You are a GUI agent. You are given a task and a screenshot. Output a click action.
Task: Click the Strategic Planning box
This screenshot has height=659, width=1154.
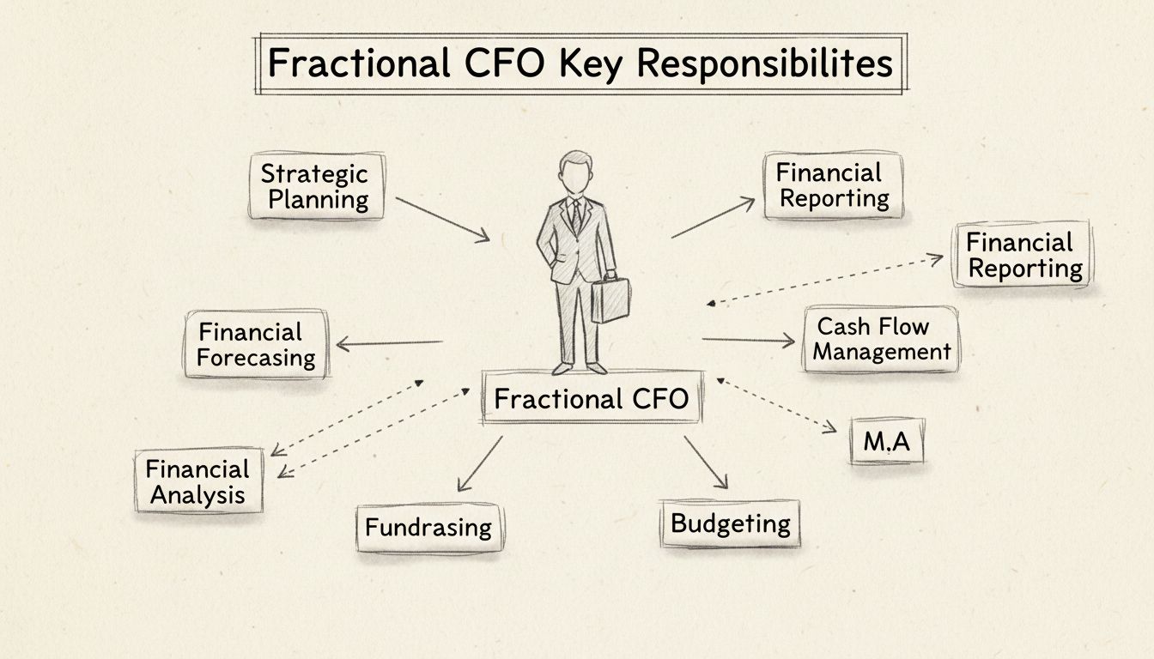(316, 187)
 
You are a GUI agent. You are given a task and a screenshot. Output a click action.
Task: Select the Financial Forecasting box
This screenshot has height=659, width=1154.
(256, 344)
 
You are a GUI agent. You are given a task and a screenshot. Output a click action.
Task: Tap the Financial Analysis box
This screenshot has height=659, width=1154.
(198, 481)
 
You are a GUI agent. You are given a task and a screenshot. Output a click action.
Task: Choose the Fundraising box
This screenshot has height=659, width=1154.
(428, 527)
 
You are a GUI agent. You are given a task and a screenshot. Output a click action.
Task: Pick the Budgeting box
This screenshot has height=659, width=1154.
(730, 523)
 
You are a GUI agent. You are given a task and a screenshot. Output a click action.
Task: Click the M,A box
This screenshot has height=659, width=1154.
(887, 441)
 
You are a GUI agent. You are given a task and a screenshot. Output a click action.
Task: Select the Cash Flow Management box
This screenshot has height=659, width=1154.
(881, 340)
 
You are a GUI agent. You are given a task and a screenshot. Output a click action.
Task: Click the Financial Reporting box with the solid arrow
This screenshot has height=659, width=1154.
(832, 185)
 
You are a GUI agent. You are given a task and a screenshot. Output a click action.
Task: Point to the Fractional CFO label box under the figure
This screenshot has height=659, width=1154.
(592, 398)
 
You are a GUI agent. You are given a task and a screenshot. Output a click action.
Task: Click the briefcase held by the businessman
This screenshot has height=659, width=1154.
(610, 299)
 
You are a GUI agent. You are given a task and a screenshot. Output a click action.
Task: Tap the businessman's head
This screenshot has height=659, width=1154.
(576, 172)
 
